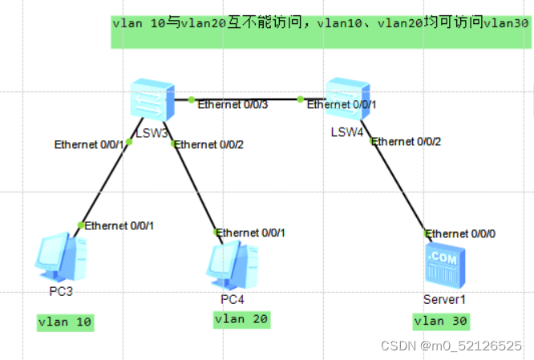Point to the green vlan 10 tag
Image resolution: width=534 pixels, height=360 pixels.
coord(66,323)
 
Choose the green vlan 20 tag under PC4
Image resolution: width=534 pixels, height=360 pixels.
coord(241,320)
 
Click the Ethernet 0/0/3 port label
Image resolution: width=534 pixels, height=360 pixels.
coord(232,104)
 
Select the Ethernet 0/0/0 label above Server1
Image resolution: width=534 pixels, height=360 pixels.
coord(460,233)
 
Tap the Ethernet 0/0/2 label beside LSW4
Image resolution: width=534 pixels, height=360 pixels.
coord(407,142)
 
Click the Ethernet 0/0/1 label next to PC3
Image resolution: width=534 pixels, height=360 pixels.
coord(119,225)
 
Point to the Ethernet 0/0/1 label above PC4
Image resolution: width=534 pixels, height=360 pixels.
coord(249,233)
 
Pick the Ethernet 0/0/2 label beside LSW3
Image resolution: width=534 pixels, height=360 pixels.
coord(208,145)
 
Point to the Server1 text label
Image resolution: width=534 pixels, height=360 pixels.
coord(443,299)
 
